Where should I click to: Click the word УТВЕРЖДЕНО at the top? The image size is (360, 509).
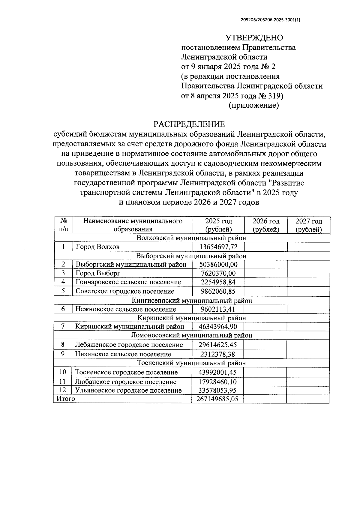tap(254, 38)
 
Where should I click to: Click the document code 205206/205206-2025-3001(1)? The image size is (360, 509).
tap(270, 20)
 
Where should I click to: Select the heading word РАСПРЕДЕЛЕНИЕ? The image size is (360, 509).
tap(189, 124)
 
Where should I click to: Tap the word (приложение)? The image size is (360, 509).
tap(254, 106)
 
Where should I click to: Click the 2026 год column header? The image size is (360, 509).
tap(266, 225)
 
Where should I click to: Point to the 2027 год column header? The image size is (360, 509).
tap(308, 225)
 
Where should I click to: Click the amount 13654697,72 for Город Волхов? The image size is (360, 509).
tap(218, 247)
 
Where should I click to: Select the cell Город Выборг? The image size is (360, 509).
tap(98, 273)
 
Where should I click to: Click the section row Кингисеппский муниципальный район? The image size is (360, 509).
tap(192, 300)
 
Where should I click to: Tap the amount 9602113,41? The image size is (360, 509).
tap(218, 309)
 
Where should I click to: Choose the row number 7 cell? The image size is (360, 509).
tap(63, 326)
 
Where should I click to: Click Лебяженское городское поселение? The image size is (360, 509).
tap(129, 345)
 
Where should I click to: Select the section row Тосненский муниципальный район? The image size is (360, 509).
tap(191, 363)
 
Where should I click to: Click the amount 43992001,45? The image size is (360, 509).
tap(217, 372)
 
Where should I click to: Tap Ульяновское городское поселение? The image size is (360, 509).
tap(128, 390)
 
